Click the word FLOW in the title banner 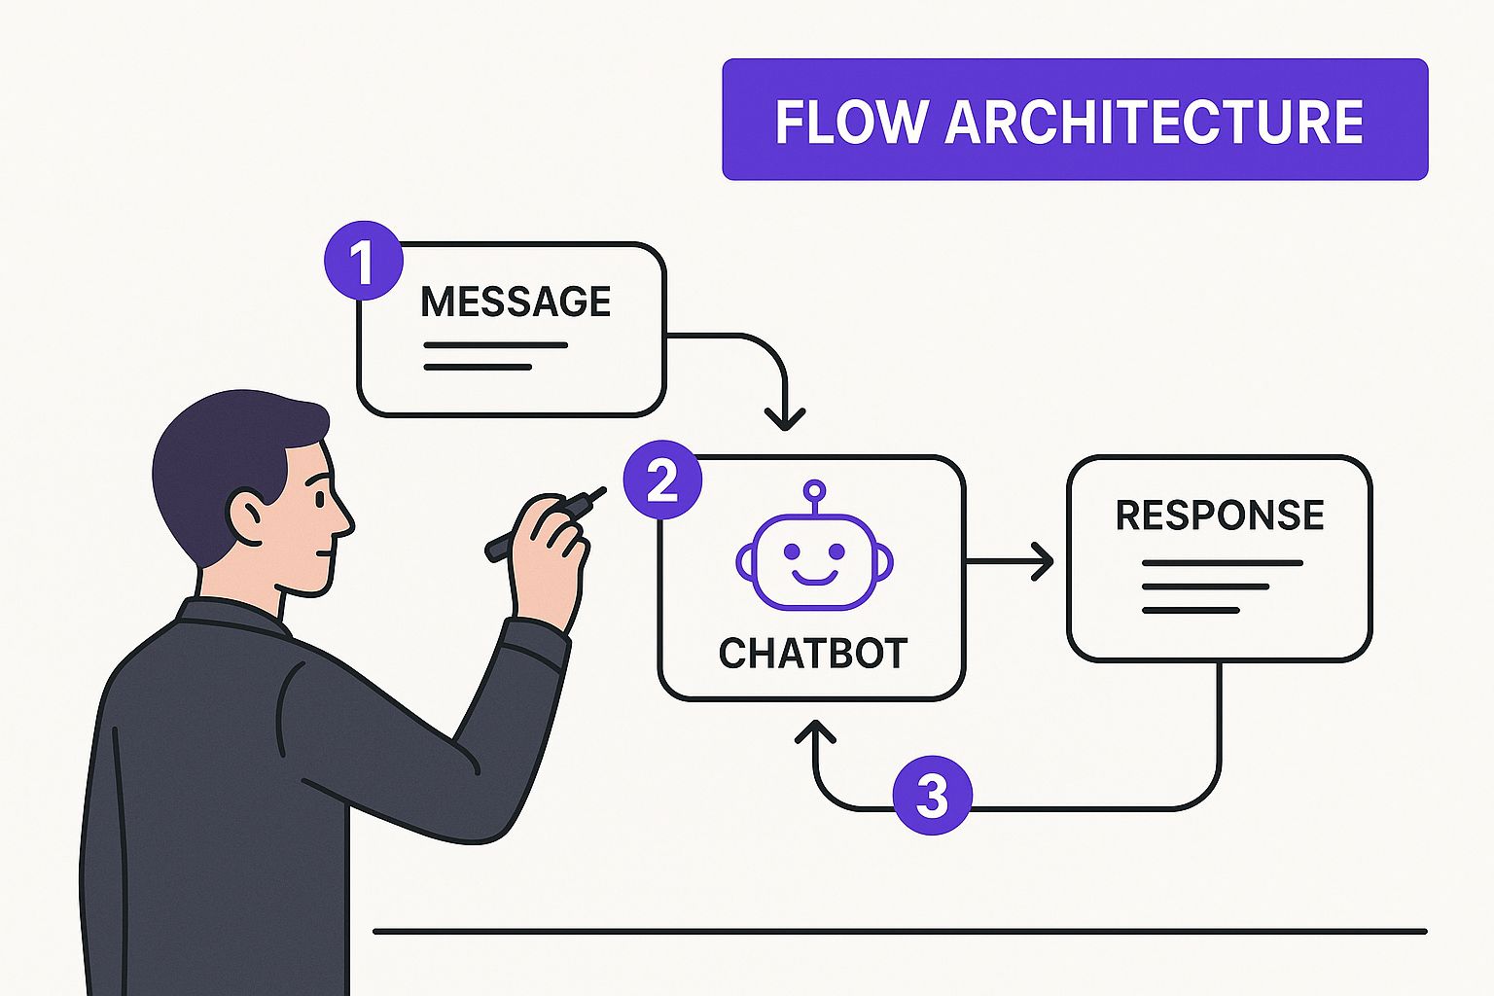click(x=849, y=122)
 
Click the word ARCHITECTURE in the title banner click(x=1154, y=122)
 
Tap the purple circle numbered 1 click(x=362, y=261)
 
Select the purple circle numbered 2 click(x=662, y=480)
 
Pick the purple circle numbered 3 click(x=932, y=796)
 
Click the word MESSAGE click(x=516, y=302)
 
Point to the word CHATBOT click(x=813, y=654)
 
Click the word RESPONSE click(x=1220, y=516)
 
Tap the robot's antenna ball click(x=815, y=489)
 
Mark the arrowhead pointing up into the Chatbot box click(x=815, y=731)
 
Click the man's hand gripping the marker click(x=550, y=554)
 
